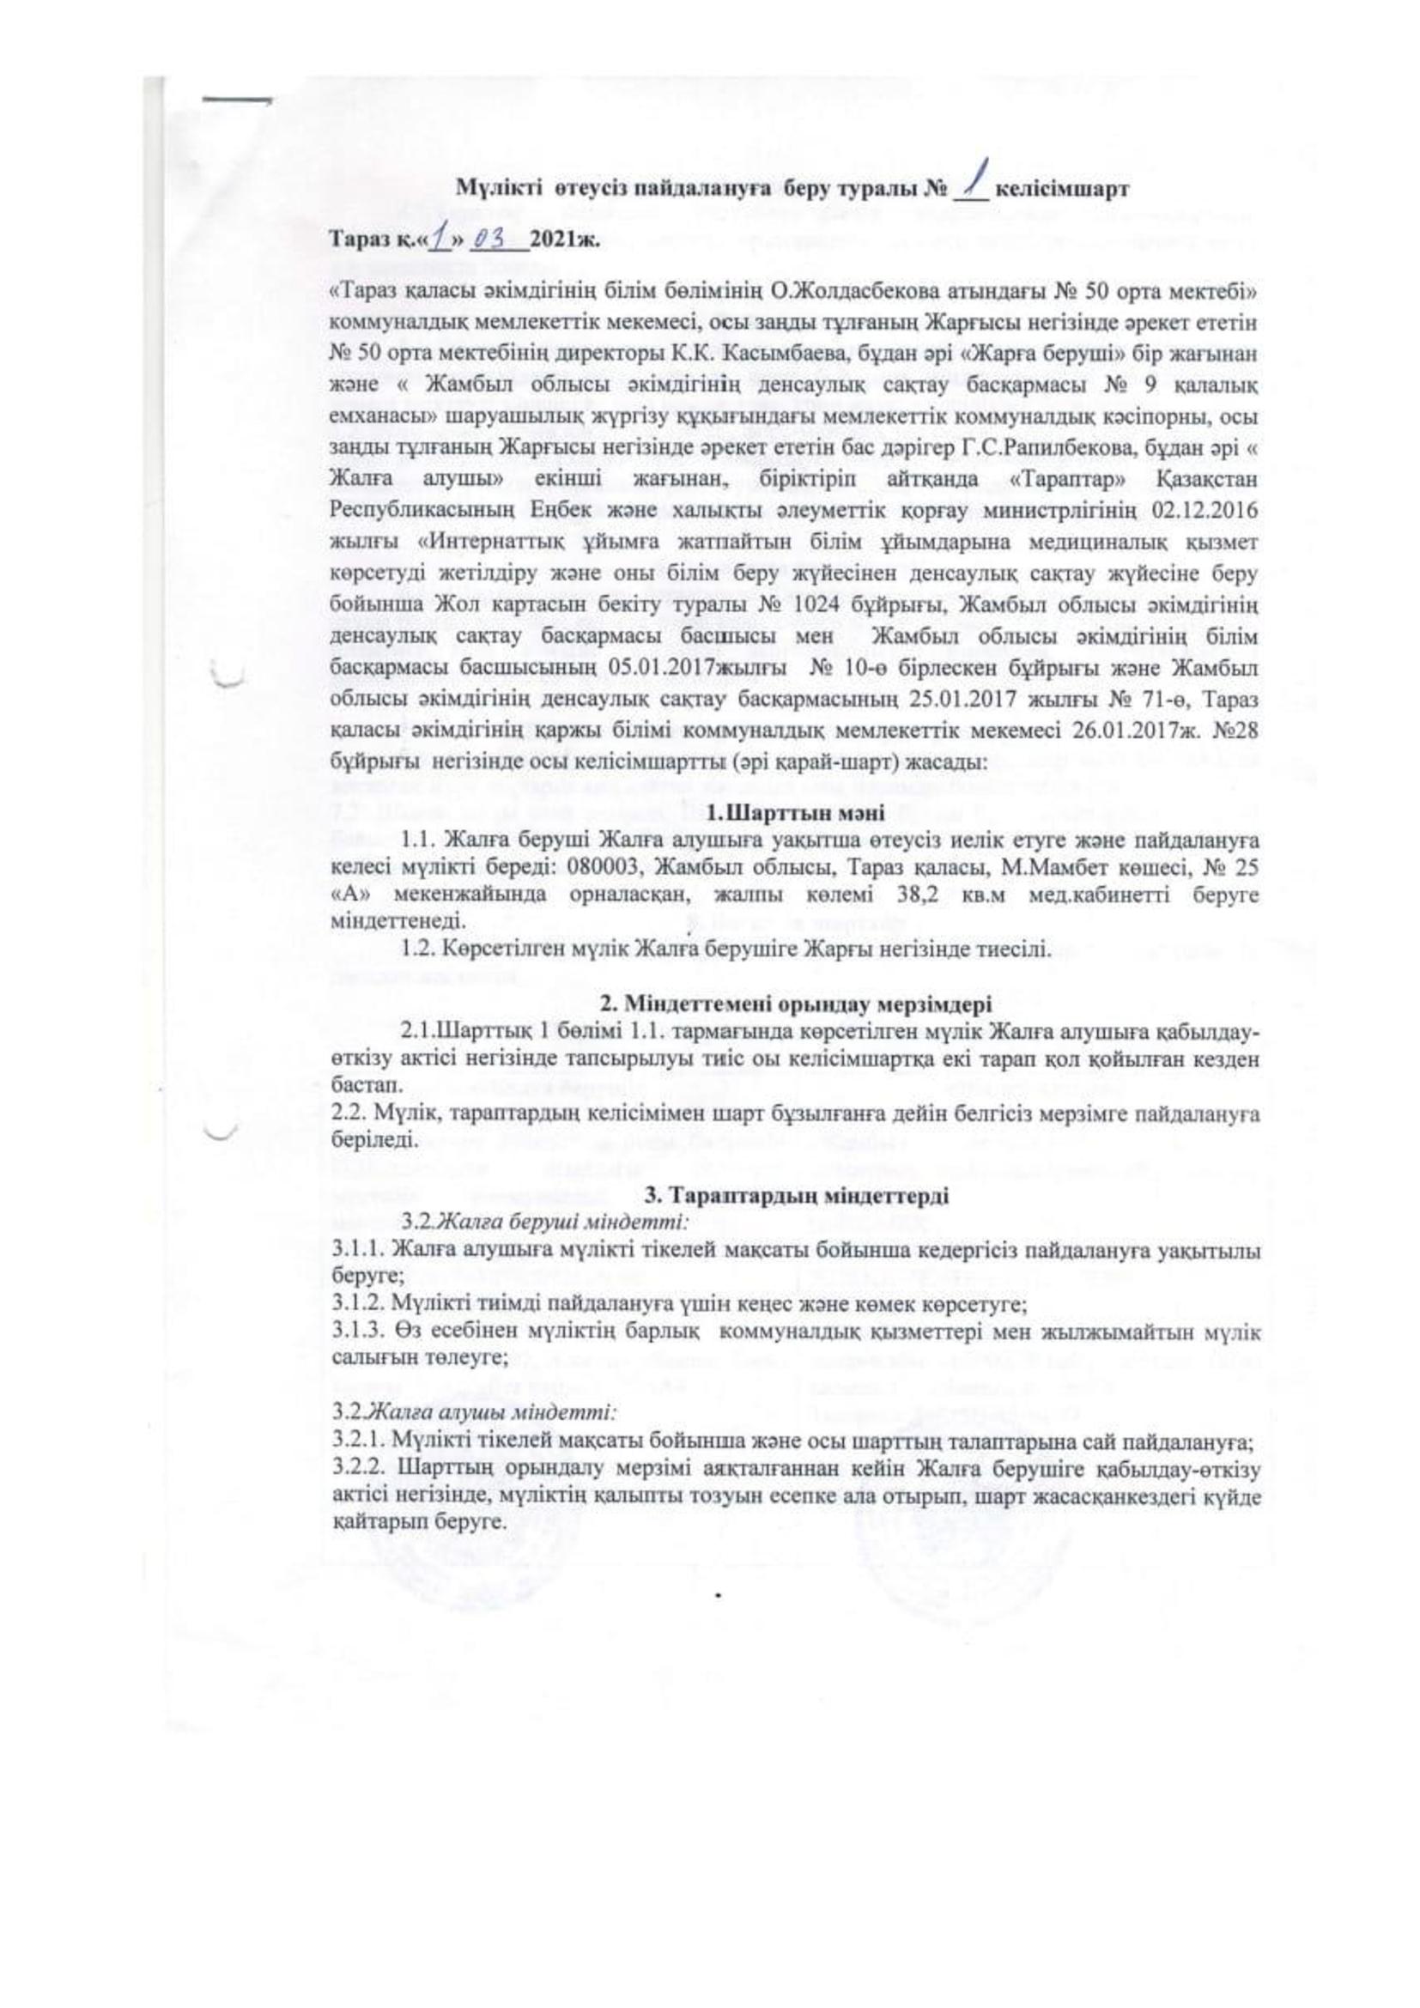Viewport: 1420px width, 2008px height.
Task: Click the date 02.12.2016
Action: (x=1212, y=507)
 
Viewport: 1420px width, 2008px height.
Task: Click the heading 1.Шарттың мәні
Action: (x=789, y=814)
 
